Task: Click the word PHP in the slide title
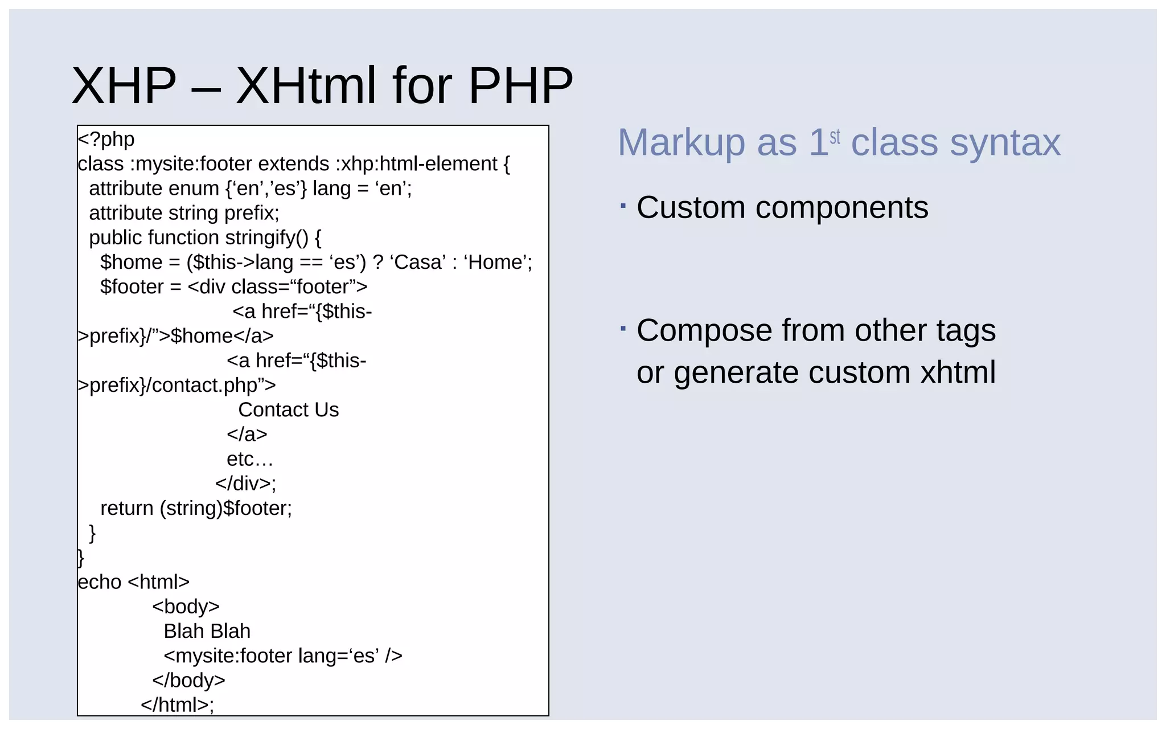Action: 520,86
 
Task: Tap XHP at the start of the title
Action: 124,86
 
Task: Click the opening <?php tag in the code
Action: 106,139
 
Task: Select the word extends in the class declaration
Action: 293,164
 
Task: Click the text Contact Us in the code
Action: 288,409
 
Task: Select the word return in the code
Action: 126,508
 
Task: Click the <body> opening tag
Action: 186,607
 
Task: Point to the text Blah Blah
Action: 207,631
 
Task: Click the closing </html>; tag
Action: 177,705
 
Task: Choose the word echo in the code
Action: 99,582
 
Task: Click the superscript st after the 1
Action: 835,137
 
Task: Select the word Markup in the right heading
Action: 681,142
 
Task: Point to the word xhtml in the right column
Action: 958,372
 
